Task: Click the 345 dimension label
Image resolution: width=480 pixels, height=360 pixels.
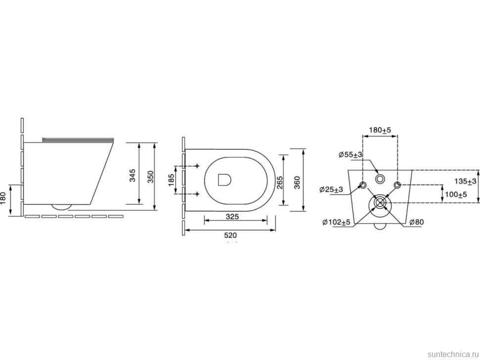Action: [x=133, y=176]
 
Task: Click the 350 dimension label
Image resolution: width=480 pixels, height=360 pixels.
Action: [x=151, y=177]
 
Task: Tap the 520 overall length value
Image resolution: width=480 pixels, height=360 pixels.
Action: [x=231, y=235]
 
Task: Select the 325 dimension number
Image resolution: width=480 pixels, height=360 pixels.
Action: [x=232, y=217]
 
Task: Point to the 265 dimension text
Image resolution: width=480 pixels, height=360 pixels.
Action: [x=279, y=182]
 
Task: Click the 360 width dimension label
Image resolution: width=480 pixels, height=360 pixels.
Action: [x=297, y=182]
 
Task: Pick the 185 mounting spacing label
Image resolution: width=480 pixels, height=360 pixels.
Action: [x=171, y=180]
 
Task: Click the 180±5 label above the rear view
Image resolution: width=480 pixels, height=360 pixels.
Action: [x=380, y=130]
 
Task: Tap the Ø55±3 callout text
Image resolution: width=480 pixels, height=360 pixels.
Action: [x=350, y=155]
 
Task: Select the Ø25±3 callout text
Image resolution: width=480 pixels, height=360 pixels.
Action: [x=331, y=189]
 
